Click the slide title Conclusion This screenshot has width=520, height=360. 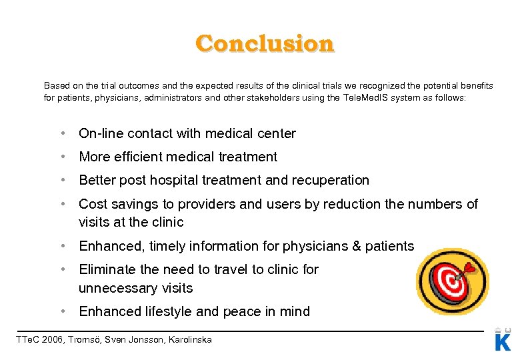pyautogui.click(x=265, y=43)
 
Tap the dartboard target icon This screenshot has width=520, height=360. pyautogui.click(x=452, y=281)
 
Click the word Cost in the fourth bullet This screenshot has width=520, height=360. pyautogui.click(x=92, y=204)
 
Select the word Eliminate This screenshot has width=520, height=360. pyautogui.click(x=105, y=269)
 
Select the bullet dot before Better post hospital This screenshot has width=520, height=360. pyautogui.click(x=62, y=180)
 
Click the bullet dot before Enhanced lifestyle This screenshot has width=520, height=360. pyautogui.click(x=62, y=311)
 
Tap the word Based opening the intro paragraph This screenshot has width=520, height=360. pyautogui.click(x=57, y=86)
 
